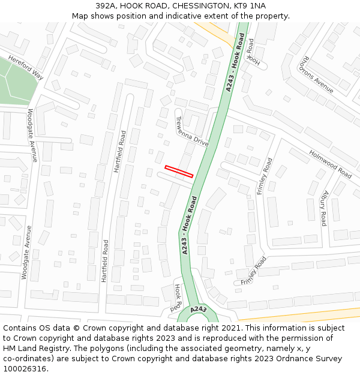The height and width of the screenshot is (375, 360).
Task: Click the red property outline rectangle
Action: pyautogui.click(x=179, y=172)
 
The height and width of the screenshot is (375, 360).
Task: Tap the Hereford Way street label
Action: pyautogui.click(x=26, y=68)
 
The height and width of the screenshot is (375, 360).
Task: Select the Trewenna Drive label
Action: pyautogui.click(x=192, y=131)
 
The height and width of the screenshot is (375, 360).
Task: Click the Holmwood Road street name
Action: pyautogui.click(x=330, y=164)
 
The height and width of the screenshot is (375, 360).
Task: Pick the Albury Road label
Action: pyautogui.click(x=323, y=208)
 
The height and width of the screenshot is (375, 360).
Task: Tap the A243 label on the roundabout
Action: pyautogui.click(x=199, y=310)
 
